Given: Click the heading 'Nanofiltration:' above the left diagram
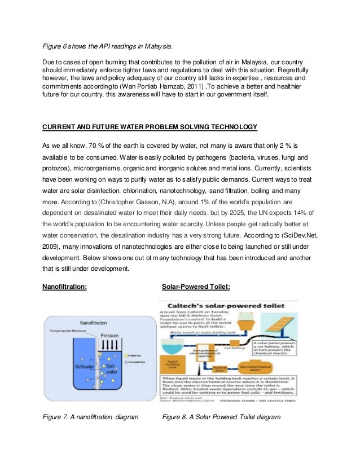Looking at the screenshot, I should pyautogui.click(x=65, y=286).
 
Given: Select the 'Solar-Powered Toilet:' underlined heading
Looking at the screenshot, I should pyautogui.click(x=196, y=286).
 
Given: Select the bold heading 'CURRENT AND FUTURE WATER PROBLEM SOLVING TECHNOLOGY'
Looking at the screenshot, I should pyautogui.click(x=150, y=125).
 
